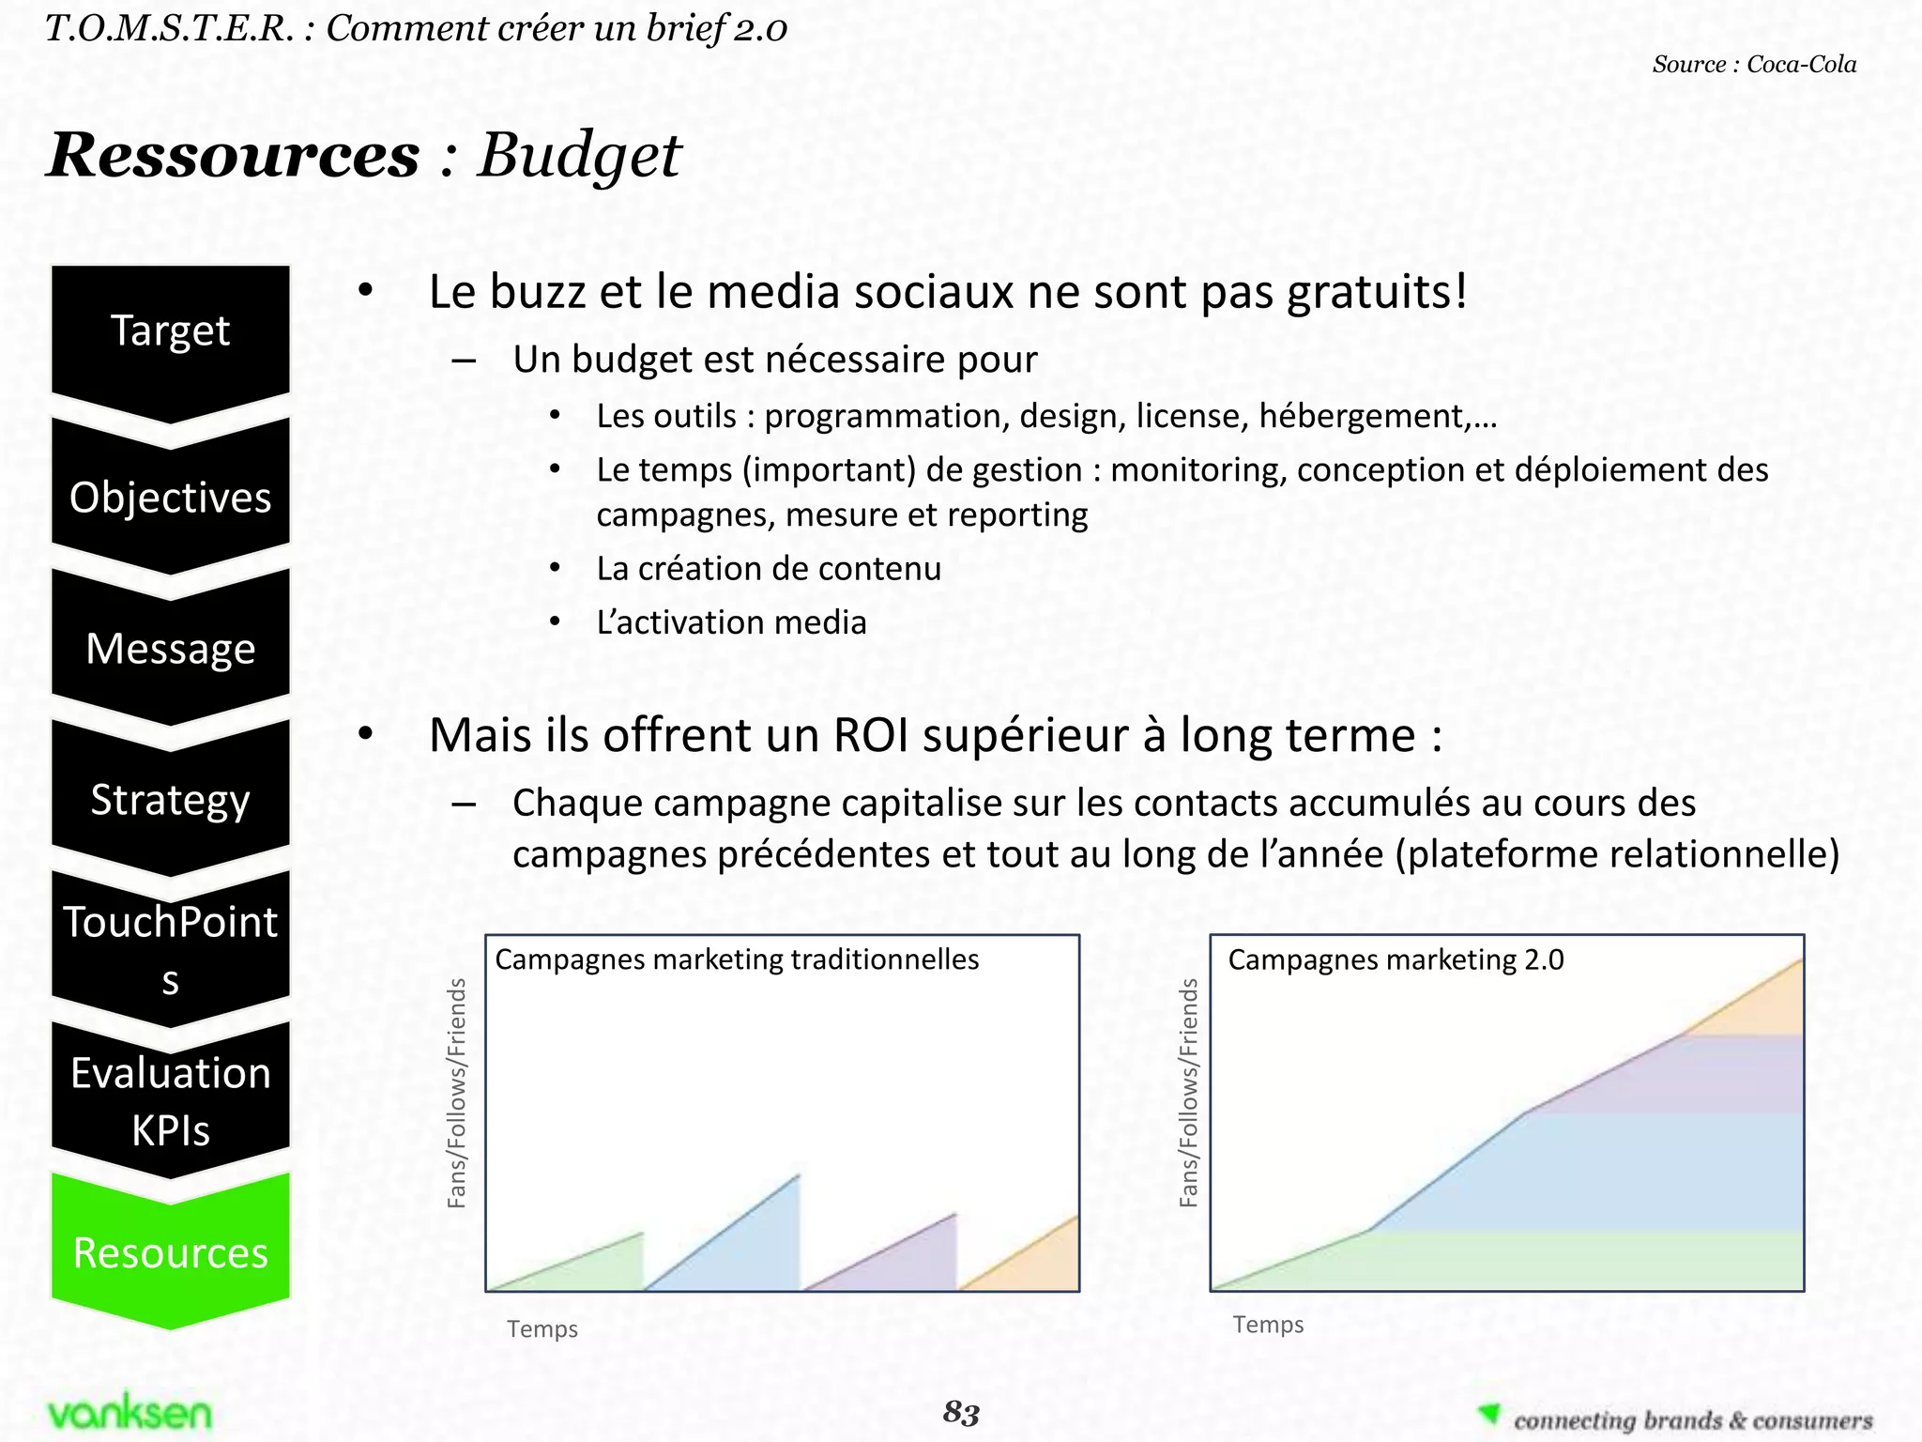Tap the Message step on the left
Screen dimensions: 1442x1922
point(170,649)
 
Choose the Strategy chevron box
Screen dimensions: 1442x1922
point(170,800)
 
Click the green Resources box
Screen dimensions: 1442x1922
point(170,1252)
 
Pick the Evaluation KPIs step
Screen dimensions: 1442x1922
point(170,1101)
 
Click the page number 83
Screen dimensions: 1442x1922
point(961,1412)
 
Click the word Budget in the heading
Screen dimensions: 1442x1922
point(579,155)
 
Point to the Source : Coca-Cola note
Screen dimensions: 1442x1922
point(1754,65)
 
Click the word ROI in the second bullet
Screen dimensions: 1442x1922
point(871,735)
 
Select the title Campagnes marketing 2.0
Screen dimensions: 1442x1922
point(1396,959)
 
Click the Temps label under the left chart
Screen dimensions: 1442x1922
point(542,1328)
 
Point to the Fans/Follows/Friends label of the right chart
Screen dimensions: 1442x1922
point(1189,1092)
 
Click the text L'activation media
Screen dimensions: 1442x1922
point(731,622)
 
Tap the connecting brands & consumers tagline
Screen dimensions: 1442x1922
point(1692,1419)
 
